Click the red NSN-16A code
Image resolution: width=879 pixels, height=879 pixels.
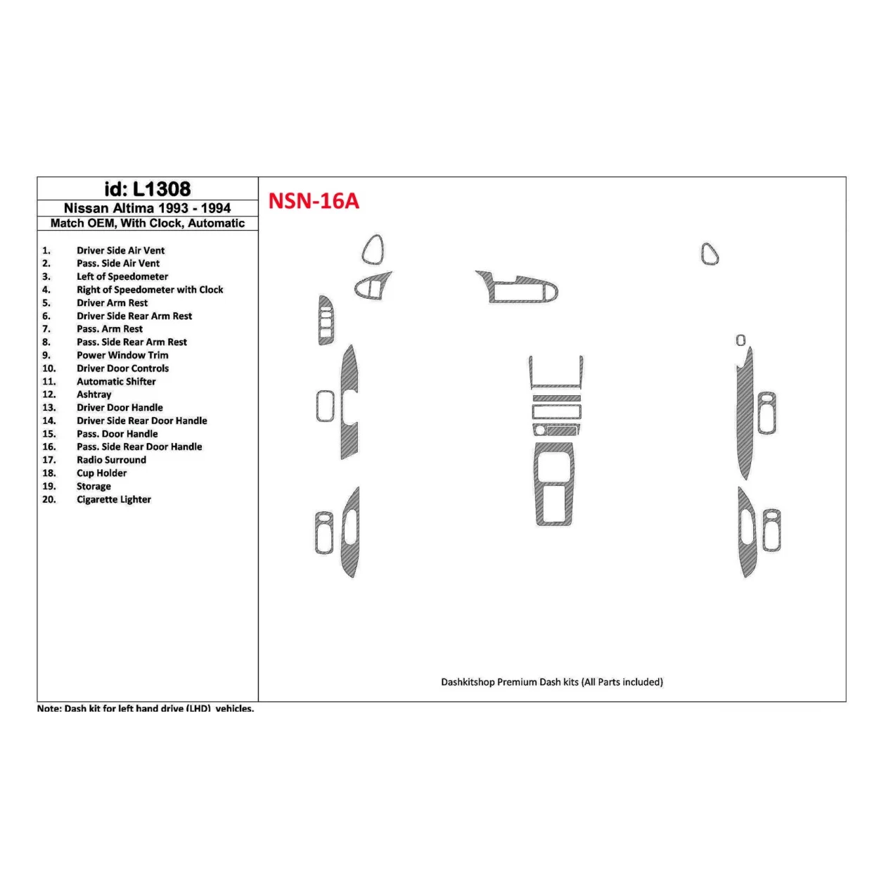314,201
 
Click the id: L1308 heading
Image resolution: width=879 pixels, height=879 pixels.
147,188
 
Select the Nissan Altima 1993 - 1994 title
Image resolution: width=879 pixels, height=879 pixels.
147,208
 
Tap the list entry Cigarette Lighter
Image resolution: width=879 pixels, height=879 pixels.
114,499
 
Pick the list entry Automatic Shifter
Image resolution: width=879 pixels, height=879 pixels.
116,381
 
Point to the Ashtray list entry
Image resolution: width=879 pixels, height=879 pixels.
94,394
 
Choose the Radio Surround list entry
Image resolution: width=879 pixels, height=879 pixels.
111,460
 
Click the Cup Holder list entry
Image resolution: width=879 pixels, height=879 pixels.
102,473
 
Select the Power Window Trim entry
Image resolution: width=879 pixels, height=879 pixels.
122,355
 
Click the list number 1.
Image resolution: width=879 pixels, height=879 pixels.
46,250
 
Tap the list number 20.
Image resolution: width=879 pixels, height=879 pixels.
49,499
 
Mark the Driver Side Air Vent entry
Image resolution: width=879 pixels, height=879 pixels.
121,250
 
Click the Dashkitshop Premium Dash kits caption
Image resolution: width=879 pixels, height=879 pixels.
552,682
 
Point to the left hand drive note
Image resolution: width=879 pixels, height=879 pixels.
146,708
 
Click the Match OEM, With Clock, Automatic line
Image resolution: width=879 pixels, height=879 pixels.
148,223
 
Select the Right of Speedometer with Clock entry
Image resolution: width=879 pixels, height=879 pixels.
150,290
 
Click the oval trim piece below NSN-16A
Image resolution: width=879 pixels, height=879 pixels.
373,250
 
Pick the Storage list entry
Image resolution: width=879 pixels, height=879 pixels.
94,487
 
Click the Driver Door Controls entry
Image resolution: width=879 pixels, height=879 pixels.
122,368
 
